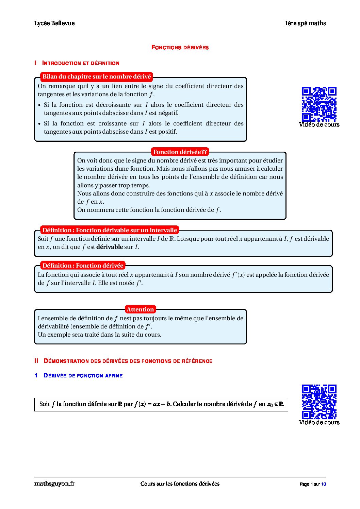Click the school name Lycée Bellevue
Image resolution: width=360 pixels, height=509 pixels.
pyautogui.click(x=54, y=23)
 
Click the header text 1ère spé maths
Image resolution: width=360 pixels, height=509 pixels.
pyautogui.click(x=305, y=23)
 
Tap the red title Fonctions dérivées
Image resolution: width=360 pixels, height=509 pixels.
pyautogui.click(x=180, y=47)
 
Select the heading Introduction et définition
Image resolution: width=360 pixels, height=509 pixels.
pyautogui.click(x=81, y=63)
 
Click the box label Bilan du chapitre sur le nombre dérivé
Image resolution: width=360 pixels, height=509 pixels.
pyautogui.click(x=96, y=77)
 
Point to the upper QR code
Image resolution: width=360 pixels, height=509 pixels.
pyautogui.click(x=319, y=104)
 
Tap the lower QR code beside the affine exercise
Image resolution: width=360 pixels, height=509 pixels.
pyautogui.click(x=319, y=402)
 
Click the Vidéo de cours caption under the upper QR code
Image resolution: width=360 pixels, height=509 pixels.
pyautogui.click(x=319, y=124)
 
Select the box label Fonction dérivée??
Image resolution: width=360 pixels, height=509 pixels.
pyautogui.click(x=180, y=152)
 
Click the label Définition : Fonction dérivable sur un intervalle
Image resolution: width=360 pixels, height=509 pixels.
pyautogui.click(x=110, y=230)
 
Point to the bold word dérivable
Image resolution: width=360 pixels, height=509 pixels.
pyautogui.click(x=109, y=247)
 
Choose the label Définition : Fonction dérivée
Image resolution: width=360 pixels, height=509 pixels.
pyautogui.click(x=83, y=266)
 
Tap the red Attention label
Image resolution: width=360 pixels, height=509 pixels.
pyautogui.click(x=140, y=309)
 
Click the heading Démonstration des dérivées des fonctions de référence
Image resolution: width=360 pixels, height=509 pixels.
pyautogui.click(x=128, y=361)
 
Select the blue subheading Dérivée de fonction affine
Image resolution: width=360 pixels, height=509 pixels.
pyautogui.click(x=83, y=375)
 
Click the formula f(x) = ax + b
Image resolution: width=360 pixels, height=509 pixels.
pyautogui.click(x=152, y=404)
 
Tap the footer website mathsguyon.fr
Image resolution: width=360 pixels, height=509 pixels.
pyautogui.click(x=54, y=483)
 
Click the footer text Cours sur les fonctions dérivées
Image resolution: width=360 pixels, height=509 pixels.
pyautogui.click(x=180, y=483)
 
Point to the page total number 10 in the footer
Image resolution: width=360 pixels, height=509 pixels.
pyautogui.click(x=323, y=484)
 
